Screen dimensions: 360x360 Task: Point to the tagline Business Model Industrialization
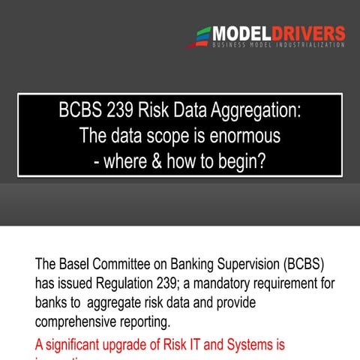[x=278, y=46]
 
